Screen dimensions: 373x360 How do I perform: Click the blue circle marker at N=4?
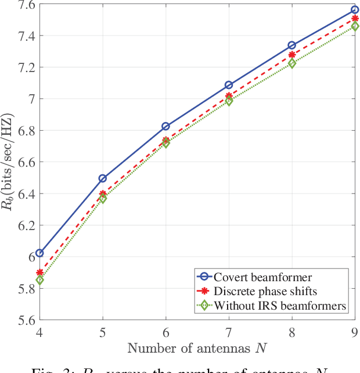(x=39, y=253)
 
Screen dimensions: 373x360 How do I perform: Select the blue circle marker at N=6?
(x=165, y=126)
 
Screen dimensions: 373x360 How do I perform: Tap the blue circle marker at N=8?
(x=291, y=45)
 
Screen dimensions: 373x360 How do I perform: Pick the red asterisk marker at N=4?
(x=39, y=272)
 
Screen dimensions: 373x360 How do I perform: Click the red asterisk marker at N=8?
(x=291, y=55)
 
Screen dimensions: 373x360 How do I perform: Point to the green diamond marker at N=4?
(x=39, y=280)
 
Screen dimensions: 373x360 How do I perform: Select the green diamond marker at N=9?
(x=355, y=26)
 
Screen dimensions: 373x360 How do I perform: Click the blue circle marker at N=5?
(x=103, y=178)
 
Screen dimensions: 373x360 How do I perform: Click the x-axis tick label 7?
(x=229, y=333)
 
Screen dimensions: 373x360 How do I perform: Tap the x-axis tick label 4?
(x=39, y=333)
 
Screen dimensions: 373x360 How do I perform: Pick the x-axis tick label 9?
(x=354, y=333)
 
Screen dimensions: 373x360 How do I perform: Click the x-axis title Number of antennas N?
(x=197, y=349)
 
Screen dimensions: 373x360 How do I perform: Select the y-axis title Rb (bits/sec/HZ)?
(x=8, y=163)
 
